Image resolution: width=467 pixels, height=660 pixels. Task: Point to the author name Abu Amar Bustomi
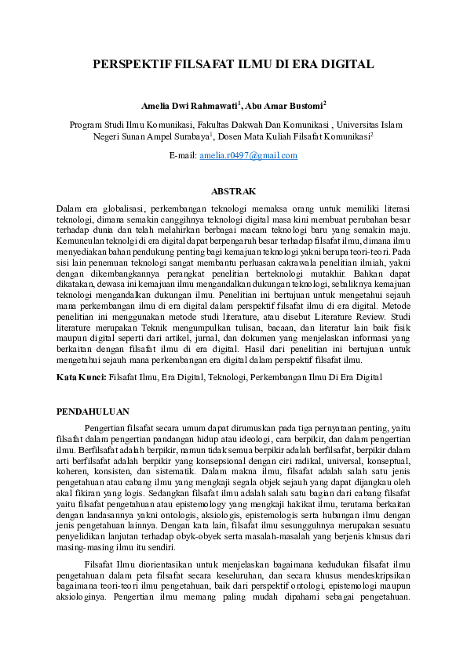(x=285, y=105)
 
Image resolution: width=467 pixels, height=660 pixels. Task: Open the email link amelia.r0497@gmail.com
(x=249, y=156)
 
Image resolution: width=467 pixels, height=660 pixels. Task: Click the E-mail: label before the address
(x=183, y=156)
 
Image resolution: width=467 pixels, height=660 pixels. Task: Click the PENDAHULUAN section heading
(x=95, y=411)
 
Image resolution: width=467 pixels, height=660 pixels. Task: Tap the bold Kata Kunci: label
(x=82, y=377)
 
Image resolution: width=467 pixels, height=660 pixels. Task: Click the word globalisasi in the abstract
(x=120, y=209)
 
